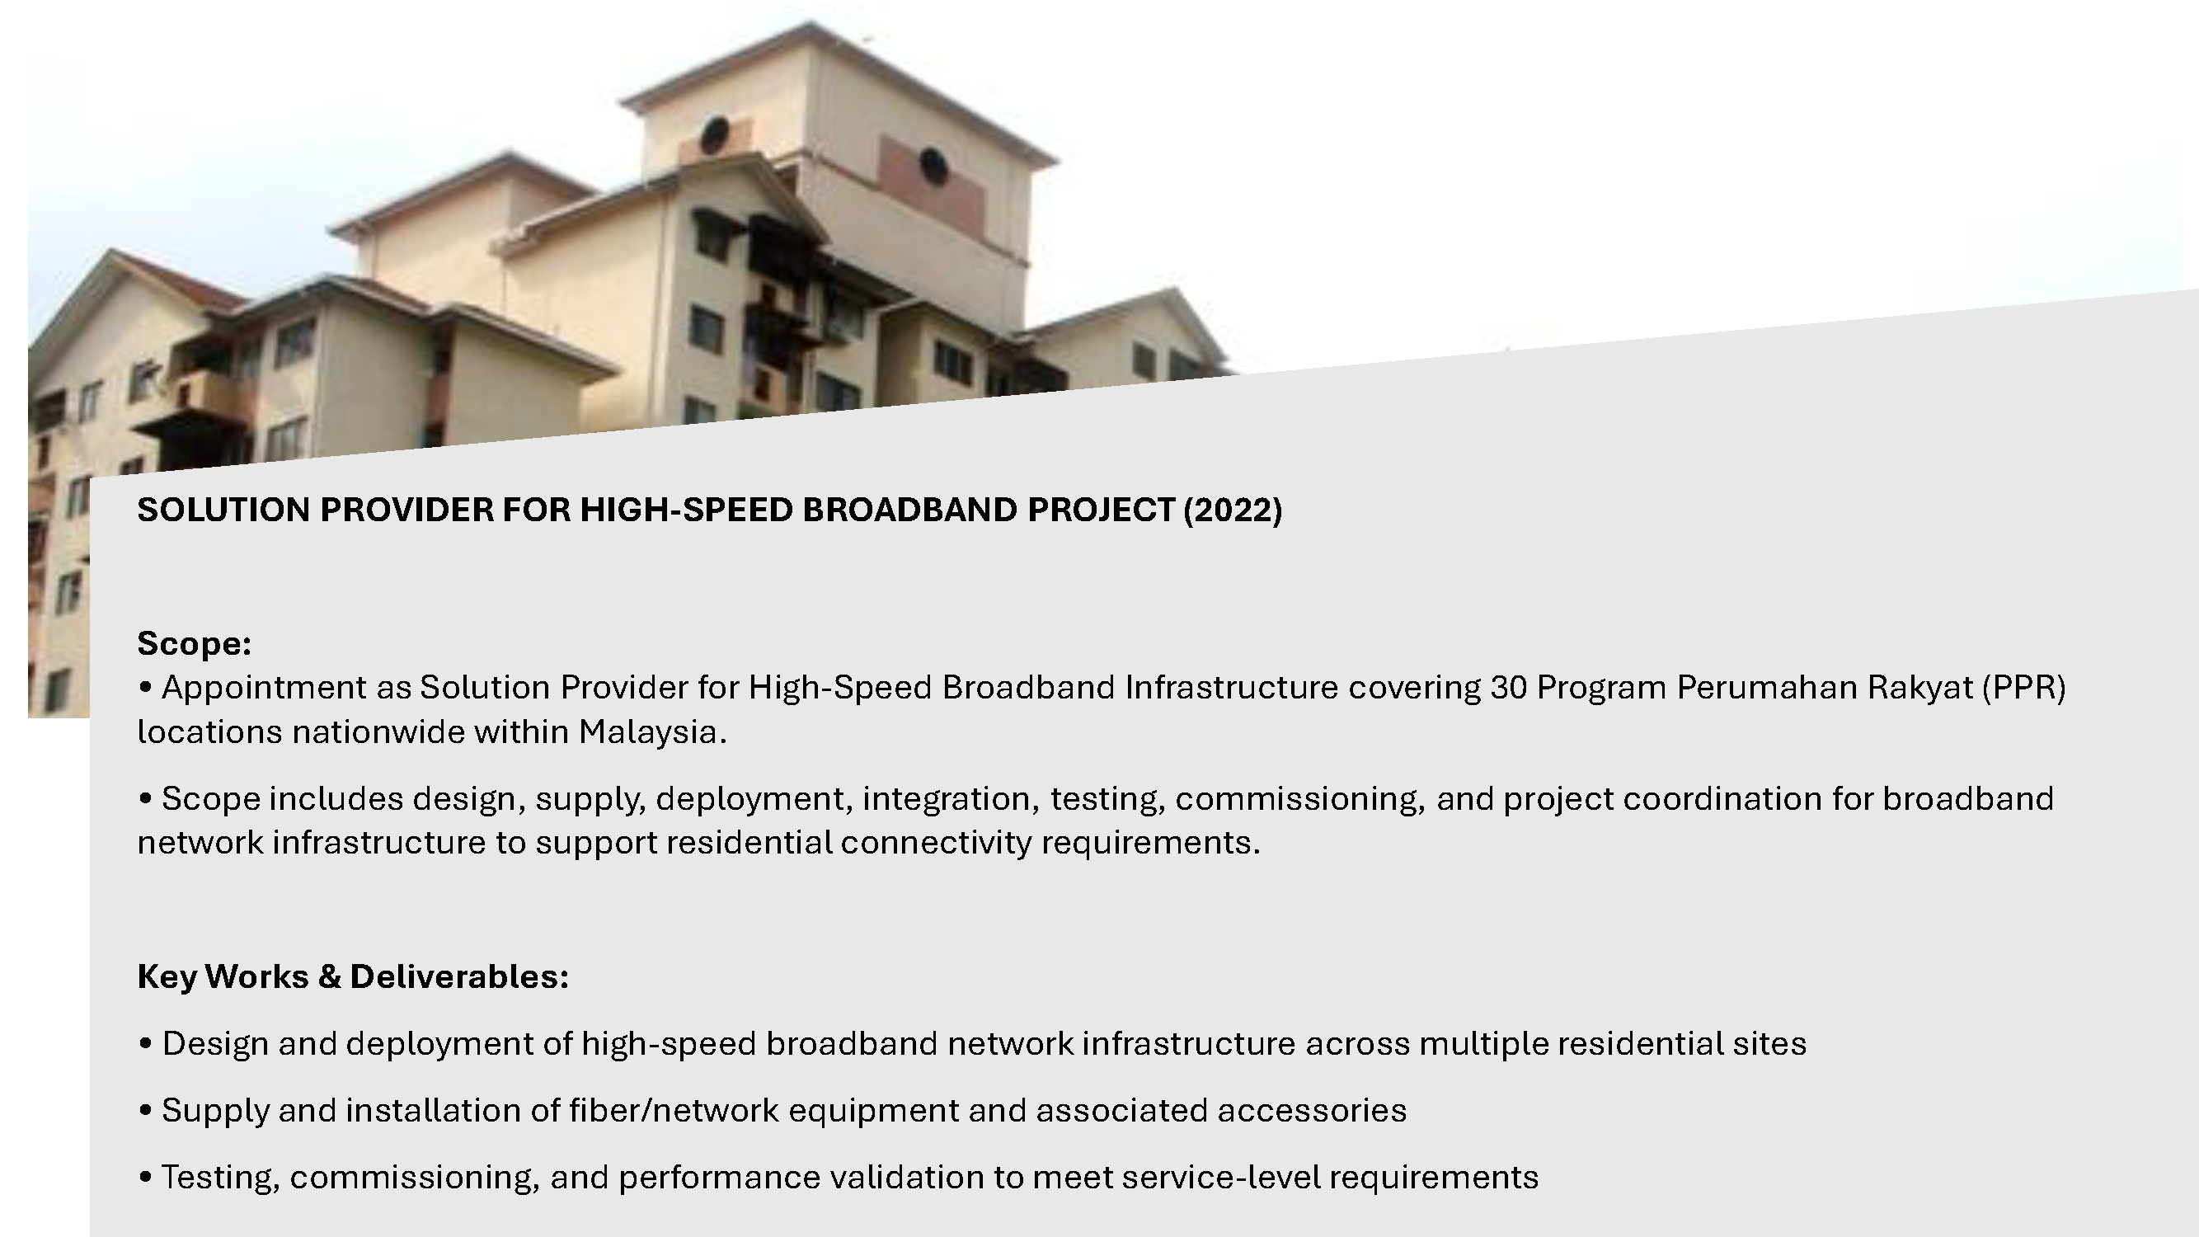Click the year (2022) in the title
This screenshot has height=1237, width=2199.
point(1232,510)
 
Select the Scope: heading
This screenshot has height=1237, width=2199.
point(195,644)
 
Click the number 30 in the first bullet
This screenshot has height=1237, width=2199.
point(1508,687)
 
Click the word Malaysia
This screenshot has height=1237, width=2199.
point(653,732)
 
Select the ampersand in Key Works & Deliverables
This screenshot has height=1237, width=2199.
point(330,976)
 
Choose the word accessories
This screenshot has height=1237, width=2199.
point(1312,1111)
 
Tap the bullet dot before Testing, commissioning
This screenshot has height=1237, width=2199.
point(145,1178)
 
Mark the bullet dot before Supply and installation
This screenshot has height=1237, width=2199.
point(145,1111)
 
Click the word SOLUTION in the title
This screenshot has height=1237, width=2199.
point(223,510)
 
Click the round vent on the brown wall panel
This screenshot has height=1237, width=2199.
point(933,166)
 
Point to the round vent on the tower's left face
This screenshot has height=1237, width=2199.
point(715,135)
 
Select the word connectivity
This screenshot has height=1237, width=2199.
point(937,844)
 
